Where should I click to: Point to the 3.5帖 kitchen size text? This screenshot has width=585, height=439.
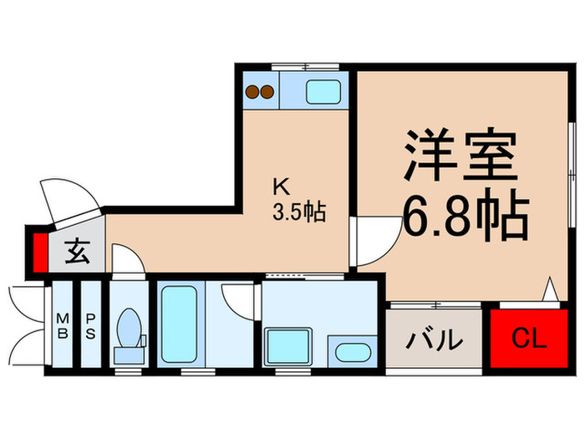297,212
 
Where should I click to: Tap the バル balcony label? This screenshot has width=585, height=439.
435,339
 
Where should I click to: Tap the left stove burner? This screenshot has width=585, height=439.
251,92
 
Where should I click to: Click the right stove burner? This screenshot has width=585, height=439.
267,92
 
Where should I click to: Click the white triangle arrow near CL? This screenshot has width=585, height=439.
550,290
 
